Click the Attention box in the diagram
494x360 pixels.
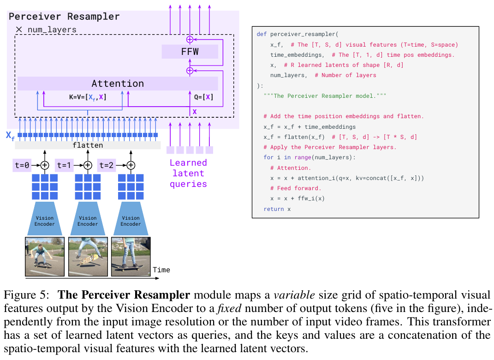click(118, 84)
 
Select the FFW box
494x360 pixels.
click(190, 51)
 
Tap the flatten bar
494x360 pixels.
click(88, 145)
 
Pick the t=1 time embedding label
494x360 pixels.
click(65, 165)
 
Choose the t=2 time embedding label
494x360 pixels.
click(107, 165)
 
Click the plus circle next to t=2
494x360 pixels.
click(131, 165)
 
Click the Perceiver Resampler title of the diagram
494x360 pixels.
click(64, 17)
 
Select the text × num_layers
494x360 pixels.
click(46, 30)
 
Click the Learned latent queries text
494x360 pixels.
click(188, 173)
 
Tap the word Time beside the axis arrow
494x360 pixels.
click(161, 270)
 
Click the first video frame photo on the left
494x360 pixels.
click(45, 257)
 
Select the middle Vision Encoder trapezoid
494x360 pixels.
click(88, 220)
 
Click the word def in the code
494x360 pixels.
click(261, 34)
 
